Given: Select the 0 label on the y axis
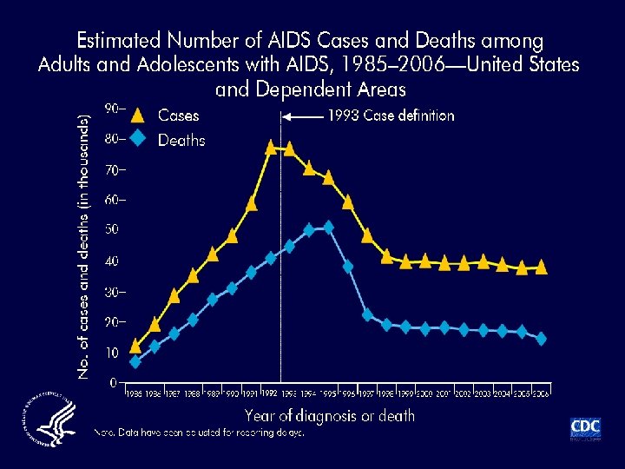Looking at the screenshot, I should point(114,382).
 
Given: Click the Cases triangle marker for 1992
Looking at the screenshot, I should point(271,147).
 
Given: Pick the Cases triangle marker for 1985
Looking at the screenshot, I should point(135,346).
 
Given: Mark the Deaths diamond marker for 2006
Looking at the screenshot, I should point(541,339).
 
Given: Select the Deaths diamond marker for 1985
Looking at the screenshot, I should point(135,361).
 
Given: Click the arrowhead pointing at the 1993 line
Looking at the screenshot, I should point(289,116).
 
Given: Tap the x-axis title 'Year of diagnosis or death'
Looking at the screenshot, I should point(330,415).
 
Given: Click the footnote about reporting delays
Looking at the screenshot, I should point(200,433).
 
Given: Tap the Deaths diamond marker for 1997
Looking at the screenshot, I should point(367,314).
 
